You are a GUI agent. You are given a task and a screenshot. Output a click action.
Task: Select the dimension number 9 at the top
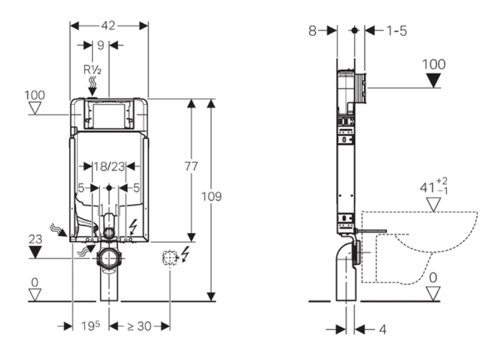click(x=100, y=45)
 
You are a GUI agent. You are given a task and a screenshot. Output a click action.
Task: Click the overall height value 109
click(x=212, y=197)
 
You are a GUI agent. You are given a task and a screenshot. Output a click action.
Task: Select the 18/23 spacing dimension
click(x=109, y=166)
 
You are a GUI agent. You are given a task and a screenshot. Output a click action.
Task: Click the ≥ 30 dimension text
click(x=139, y=326)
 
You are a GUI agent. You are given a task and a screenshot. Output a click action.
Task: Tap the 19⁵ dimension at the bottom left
click(x=90, y=326)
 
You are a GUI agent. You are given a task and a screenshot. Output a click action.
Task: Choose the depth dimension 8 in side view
click(x=313, y=30)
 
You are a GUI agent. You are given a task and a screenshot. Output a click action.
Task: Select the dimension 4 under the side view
click(x=382, y=329)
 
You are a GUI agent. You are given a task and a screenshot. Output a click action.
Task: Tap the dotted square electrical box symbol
click(x=169, y=257)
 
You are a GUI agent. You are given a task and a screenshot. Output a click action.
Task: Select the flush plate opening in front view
click(x=109, y=115)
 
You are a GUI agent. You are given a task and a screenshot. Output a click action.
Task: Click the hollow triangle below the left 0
click(x=35, y=294)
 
